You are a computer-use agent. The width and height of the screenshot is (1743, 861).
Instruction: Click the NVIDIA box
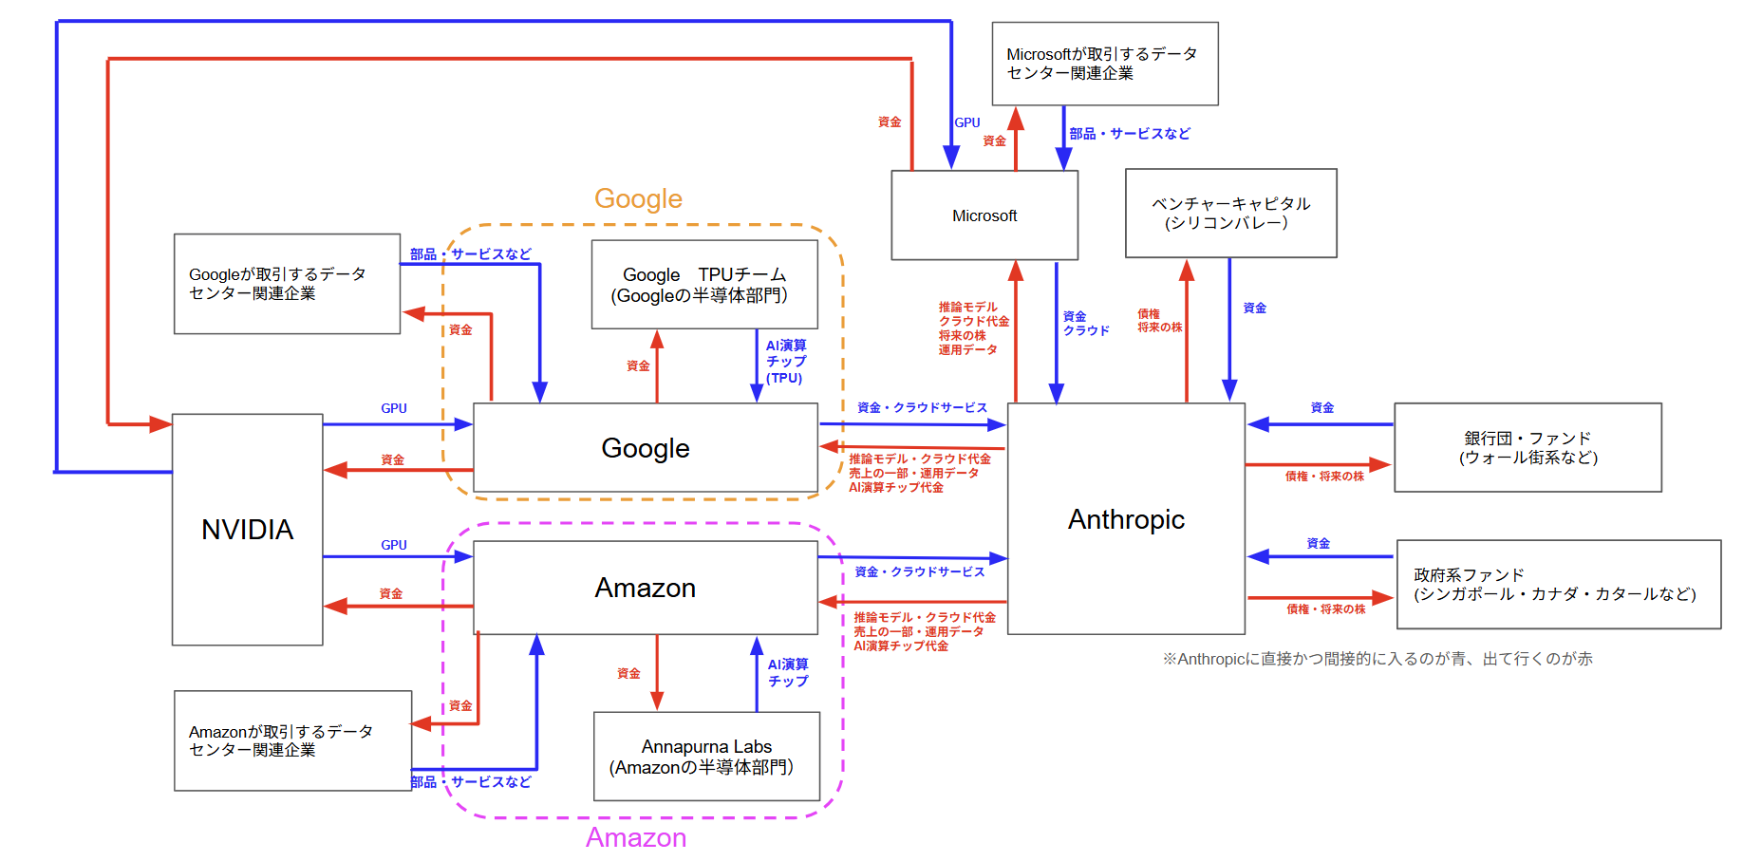pyautogui.click(x=247, y=529)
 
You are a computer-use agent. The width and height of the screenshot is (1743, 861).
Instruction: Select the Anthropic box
pyautogui.click(x=1126, y=518)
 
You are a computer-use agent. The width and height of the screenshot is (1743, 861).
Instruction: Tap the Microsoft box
pyautogui.click(x=984, y=215)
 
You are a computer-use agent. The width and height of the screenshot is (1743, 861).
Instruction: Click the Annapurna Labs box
pyautogui.click(x=706, y=757)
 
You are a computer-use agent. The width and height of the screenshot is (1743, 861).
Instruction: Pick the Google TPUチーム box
pyautogui.click(x=703, y=285)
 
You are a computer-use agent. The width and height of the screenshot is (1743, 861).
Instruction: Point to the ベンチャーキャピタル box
pyautogui.click(x=1230, y=214)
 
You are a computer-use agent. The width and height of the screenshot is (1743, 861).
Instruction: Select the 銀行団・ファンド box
pyautogui.click(x=1527, y=447)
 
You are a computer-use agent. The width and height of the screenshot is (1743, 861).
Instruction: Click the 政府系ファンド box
pyautogui.click(x=1558, y=585)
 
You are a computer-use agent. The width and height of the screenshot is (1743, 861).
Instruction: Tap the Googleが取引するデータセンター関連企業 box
pyautogui.click(x=287, y=284)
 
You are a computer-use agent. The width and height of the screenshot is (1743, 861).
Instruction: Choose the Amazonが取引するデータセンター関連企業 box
pyautogui.click(x=292, y=740)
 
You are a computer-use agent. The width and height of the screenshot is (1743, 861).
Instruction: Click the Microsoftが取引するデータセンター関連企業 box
pyautogui.click(x=1104, y=64)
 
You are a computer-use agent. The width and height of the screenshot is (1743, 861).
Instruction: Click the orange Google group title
pyautogui.click(x=638, y=198)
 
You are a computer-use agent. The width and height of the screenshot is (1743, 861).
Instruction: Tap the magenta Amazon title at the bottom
pyautogui.click(x=635, y=837)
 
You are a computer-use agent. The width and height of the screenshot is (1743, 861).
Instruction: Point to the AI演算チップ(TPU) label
pyautogui.click(x=786, y=362)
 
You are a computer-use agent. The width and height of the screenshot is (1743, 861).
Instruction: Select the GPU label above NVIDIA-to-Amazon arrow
pyautogui.click(x=394, y=545)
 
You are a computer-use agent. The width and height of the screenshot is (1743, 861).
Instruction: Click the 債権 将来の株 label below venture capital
pyautogui.click(x=1159, y=321)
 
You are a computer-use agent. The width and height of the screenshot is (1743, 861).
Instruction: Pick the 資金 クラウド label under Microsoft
pyautogui.click(x=1085, y=324)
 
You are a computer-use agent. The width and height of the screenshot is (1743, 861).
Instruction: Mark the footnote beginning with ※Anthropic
pyautogui.click(x=1377, y=659)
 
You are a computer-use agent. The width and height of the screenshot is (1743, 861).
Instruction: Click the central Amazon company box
pyautogui.click(x=645, y=588)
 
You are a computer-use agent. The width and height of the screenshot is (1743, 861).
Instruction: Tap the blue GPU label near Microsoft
pyautogui.click(x=967, y=122)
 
